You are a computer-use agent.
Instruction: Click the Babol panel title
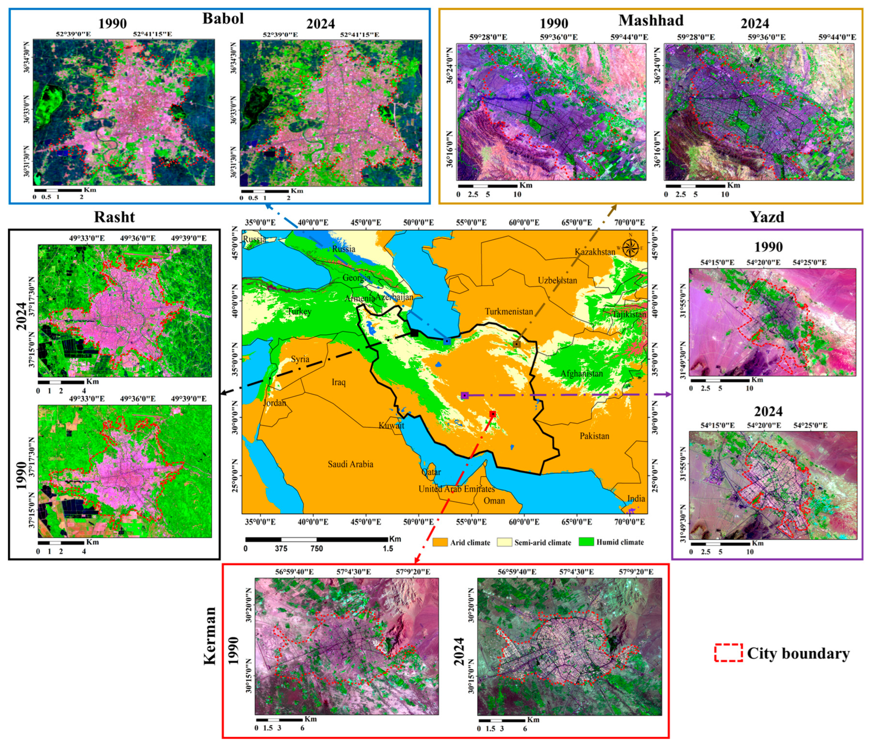click(223, 18)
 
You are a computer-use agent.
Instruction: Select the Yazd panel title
click(767, 217)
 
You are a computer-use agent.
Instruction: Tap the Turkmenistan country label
click(509, 311)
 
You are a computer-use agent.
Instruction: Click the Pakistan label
click(594, 436)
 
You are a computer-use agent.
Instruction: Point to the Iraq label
click(338, 382)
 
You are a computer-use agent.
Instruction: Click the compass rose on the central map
click(630, 247)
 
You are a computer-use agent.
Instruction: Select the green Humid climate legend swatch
click(586, 542)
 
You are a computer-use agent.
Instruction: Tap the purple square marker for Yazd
click(465, 395)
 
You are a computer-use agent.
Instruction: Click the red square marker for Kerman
click(492, 414)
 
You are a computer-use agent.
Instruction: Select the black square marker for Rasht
click(414, 333)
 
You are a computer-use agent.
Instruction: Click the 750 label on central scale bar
click(317, 549)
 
